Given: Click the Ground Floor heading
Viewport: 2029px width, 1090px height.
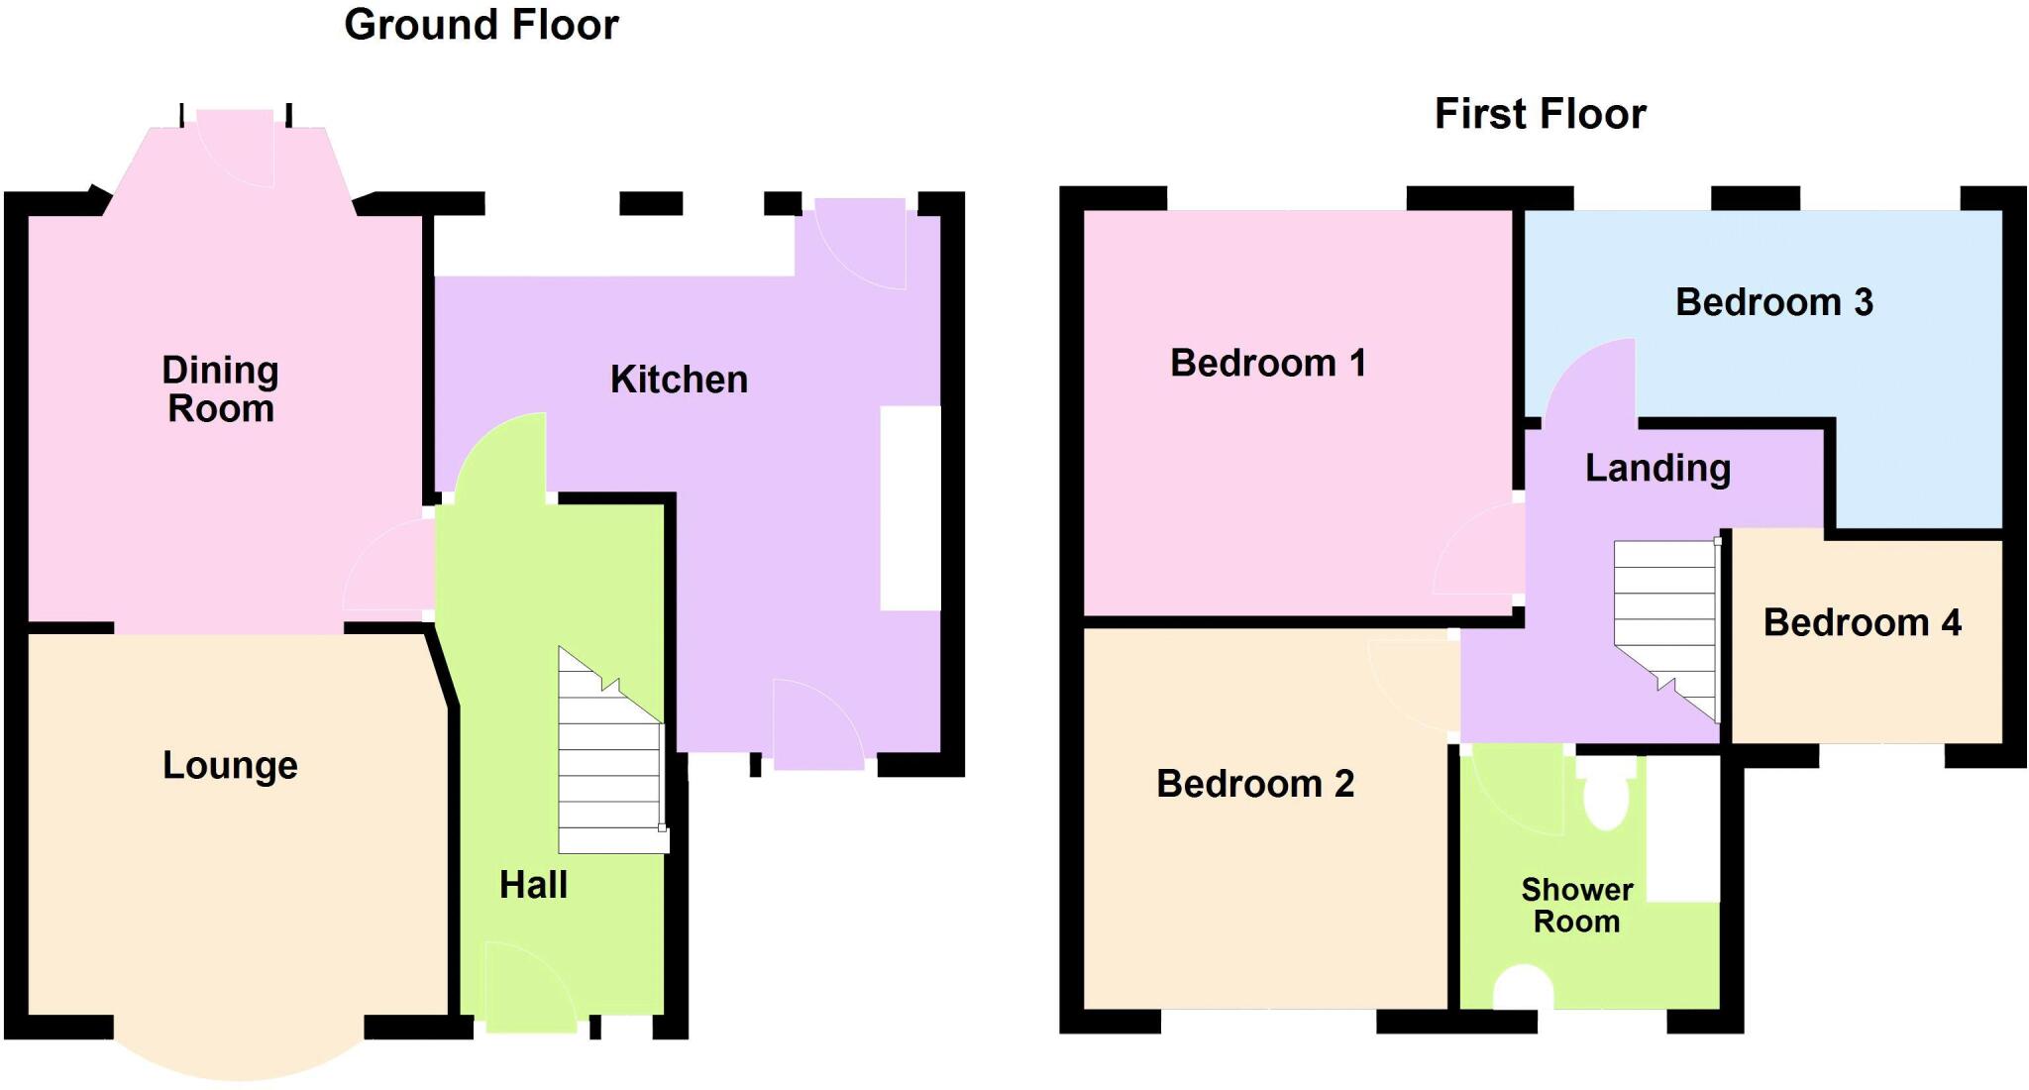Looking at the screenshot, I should click(x=481, y=25).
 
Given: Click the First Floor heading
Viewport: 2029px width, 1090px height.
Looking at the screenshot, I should click(x=1540, y=114).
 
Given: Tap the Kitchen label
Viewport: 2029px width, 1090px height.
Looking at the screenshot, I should click(x=679, y=380).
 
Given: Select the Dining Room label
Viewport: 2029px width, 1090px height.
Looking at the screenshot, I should click(x=220, y=389).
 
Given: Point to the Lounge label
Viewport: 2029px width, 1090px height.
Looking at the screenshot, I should click(x=230, y=765).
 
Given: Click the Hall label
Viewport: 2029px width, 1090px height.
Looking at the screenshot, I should click(x=533, y=885).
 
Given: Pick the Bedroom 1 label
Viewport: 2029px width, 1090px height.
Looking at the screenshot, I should click(x=1267, y=363).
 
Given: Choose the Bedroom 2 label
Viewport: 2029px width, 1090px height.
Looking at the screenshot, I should click(x=1254, y=784).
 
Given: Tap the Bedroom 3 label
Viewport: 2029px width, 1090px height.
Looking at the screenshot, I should click(x=1773, y=302).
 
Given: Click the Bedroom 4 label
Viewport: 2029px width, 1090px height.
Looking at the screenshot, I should click(x=1862, y=622).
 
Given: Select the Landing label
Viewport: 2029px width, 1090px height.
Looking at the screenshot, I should click(x=1657, y=468).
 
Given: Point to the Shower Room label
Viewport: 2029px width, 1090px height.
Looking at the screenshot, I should click(x=1576, y=906).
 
